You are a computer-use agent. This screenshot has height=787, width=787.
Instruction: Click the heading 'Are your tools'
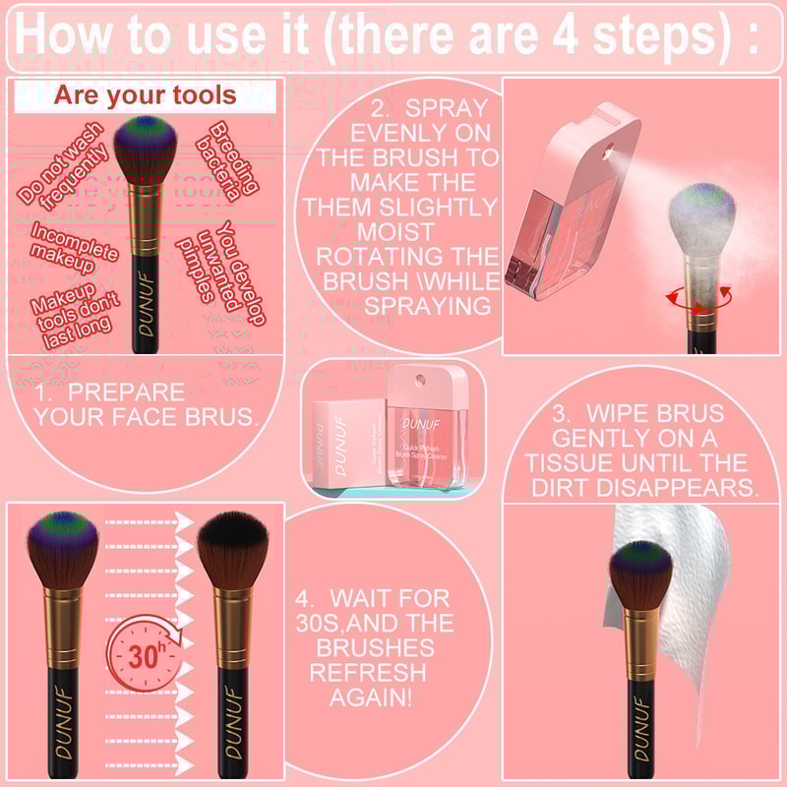[145, 95]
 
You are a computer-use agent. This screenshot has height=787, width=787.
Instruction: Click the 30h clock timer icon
[145, 655]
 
